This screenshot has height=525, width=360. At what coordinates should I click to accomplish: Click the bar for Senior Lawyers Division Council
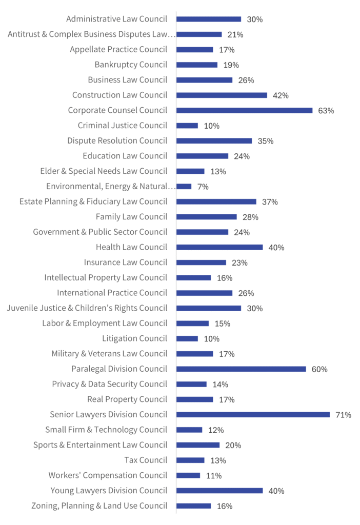coord(253,414)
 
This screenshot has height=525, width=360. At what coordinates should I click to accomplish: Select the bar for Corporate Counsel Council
coord(244,110)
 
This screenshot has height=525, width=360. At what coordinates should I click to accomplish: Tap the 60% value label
coord(319,369)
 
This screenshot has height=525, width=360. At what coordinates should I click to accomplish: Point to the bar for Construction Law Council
coord(222,95)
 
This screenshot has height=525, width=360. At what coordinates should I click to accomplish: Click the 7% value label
coord(203,187)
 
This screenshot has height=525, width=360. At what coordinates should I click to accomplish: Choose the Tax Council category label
coord(146,460)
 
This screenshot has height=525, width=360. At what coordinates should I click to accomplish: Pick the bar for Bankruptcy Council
coord(197,65)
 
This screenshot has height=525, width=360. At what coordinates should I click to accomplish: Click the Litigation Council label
coord(134,338)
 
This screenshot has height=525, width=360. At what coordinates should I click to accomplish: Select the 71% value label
coord(344,415)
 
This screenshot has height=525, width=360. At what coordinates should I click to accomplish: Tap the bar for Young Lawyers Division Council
coord(219,490)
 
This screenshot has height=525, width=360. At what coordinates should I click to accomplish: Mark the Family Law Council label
coord(131,217)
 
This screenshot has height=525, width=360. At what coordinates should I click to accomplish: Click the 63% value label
coord(326,111)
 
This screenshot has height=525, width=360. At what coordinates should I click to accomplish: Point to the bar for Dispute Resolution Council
coord(214,140)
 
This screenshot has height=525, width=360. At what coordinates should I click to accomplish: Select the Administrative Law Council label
coord(116,19)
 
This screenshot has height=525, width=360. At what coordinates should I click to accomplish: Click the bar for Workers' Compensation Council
coord(188,475)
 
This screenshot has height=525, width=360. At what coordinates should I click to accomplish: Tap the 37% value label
coord(270,202)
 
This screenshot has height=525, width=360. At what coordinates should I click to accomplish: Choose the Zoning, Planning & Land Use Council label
coord(99,506)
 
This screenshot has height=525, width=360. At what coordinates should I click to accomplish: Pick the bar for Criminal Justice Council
coord(187,126)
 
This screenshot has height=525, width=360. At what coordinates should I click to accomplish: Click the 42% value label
coord(281,95)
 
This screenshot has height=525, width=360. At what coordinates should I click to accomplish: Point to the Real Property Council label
coord(127,399)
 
